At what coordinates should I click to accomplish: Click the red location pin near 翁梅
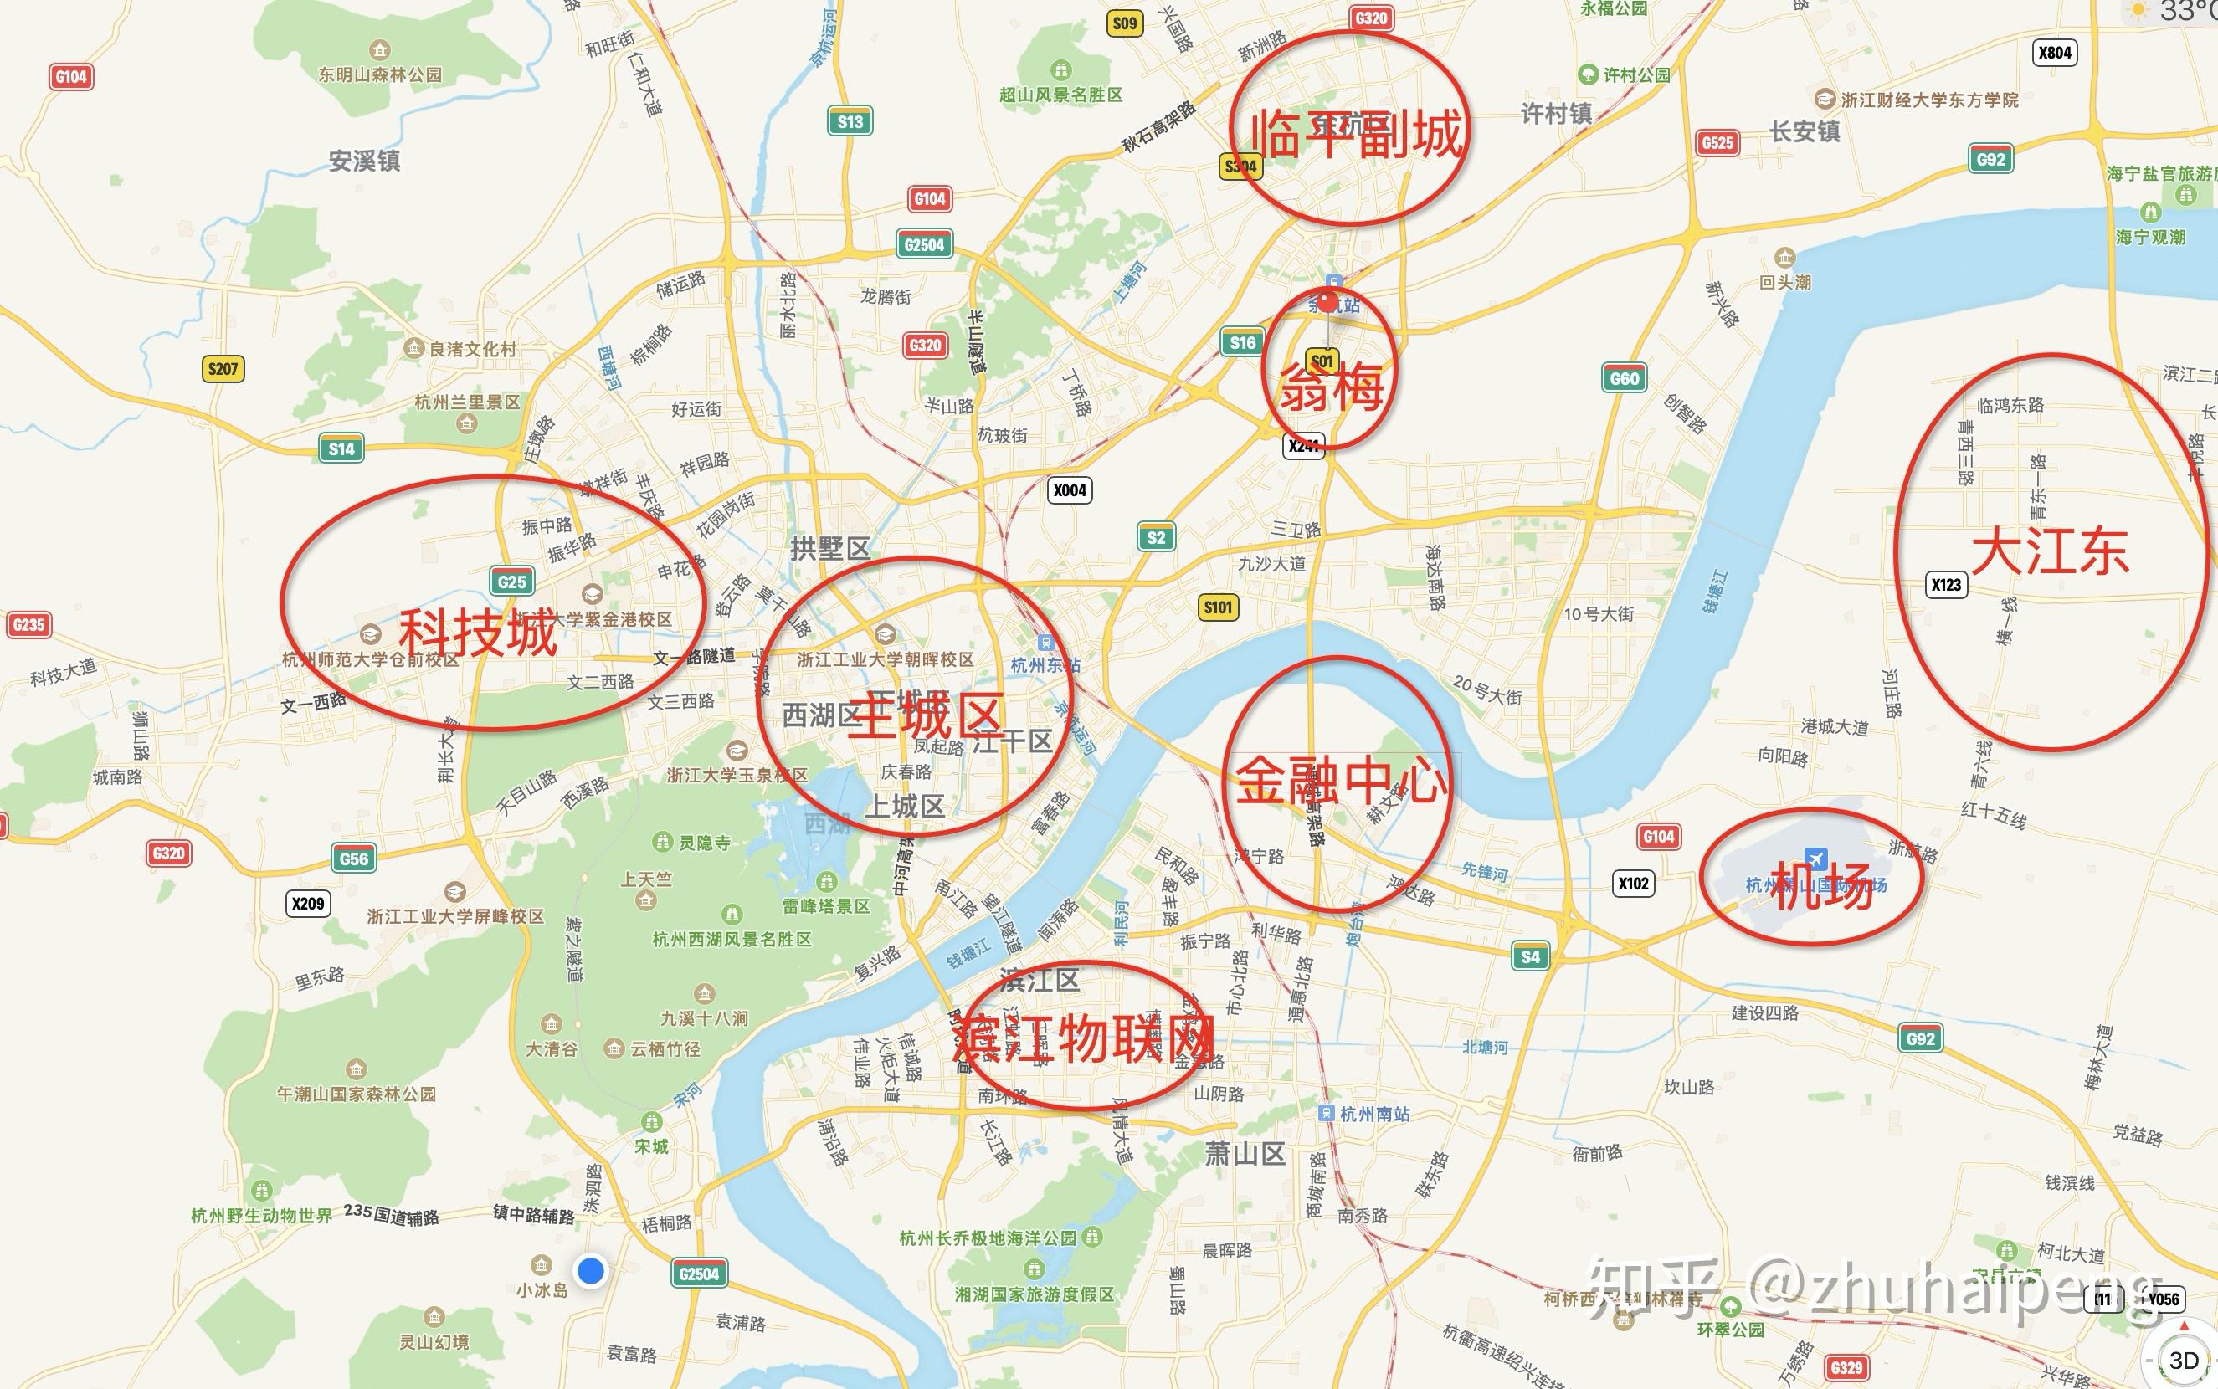click(1327, 302)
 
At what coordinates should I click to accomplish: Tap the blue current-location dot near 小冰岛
click(591, 1271)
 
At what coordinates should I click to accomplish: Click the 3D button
click(2183, 1360)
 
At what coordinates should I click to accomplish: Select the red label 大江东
click(2050, 553)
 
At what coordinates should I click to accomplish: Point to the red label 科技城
click(478, 633)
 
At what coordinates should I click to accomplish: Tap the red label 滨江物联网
click(1084, 1040)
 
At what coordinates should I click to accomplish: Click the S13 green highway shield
click(850, 121)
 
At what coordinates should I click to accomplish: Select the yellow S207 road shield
click(223, 369)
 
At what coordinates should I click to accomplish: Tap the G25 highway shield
click(511, 581)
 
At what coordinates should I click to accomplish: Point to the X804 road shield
click(2055, 53)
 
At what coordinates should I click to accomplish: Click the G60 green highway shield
click(1624, 378)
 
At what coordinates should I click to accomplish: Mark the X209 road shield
click(308, 903)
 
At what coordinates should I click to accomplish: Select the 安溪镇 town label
click(365, 161)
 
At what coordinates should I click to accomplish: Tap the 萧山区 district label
click(1245, 1154)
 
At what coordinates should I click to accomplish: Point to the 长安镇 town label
click(1805, 132)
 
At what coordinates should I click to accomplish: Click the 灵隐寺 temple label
click(704, 843)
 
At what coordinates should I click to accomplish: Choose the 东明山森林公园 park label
click(380, 74)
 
